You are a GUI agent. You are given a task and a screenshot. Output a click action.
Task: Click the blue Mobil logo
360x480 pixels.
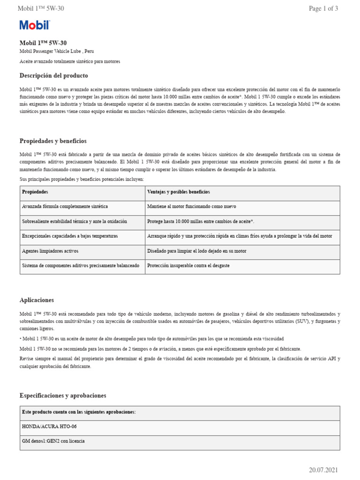pos(34,25)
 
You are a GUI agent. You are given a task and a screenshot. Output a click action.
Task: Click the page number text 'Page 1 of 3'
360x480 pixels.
pos(323,8)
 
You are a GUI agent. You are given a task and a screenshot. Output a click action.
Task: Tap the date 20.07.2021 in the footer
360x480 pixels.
pos(323,470)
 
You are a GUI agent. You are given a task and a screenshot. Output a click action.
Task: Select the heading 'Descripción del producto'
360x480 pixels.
pos(53,75)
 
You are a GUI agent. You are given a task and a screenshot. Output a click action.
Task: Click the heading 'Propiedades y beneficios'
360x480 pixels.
pos(53,141)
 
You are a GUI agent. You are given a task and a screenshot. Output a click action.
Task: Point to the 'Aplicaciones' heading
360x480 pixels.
pos(37,300)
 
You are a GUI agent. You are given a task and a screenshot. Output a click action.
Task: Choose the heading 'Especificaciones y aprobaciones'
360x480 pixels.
pos(63,396)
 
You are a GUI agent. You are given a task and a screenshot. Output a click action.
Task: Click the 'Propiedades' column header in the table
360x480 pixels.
pos(35,192)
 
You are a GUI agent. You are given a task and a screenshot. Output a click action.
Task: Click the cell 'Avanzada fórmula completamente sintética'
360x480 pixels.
pos(65,207)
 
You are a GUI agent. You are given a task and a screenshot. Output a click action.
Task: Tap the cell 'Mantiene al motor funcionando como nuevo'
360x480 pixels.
pos(192,207)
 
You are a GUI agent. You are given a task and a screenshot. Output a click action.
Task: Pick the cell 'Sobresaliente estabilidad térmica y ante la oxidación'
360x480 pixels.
pos(75,221)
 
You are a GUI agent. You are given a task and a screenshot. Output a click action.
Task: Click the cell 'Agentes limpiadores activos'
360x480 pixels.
pos(51,251)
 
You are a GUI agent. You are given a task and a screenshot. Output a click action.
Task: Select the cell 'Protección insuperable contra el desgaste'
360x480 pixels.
pos(188,265)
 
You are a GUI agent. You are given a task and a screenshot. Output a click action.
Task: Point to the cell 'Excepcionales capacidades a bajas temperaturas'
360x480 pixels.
pos(70,236)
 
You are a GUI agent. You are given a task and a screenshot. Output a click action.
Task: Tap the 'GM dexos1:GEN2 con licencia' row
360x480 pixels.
pos(53,441)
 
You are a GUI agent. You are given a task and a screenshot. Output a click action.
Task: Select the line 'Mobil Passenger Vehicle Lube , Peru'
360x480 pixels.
pos(60,52)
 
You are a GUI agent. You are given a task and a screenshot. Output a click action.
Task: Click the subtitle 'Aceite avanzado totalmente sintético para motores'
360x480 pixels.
pos(70,61)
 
